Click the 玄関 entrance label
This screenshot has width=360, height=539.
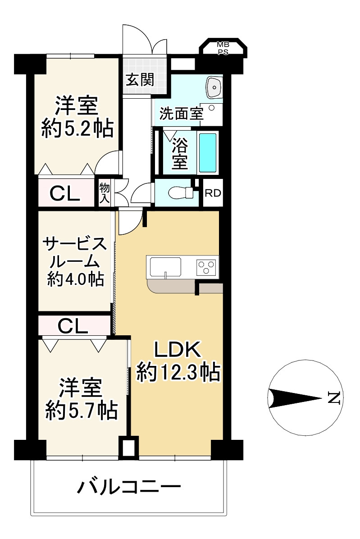pos(140,80)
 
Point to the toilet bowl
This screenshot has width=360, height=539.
pos(181,193)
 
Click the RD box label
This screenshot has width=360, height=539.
pos(213,193)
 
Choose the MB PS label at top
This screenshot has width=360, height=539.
pos(223,48)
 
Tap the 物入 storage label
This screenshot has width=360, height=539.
pos(105,193)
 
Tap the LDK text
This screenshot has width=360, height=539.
pos(177,350)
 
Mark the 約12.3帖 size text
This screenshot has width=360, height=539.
pos(178,372)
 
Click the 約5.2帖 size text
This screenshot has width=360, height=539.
pos(77,129)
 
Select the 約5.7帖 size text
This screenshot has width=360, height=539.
pos(82,410)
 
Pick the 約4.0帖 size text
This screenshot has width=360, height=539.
pos(76,279)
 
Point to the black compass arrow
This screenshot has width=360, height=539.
pos(296,399)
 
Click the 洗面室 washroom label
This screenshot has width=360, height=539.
pos(182,114)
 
